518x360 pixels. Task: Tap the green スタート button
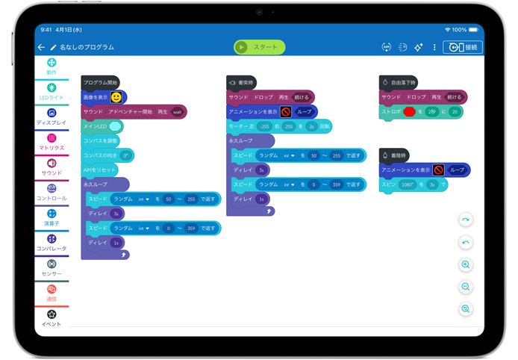click(259, 47)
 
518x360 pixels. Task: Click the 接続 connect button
click(463, 47)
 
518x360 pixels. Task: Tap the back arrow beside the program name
click(41, 47)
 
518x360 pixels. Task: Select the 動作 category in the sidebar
click(52, 66)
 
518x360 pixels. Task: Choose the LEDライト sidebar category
click(52, 91)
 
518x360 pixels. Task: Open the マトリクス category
click(52, 142)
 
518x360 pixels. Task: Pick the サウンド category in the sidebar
click(52, 167)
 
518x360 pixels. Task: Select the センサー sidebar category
click(52, 267)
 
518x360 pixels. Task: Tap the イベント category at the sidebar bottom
click(52, 318)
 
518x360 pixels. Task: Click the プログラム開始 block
click(100, 82)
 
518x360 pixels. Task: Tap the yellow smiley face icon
click(116, 97)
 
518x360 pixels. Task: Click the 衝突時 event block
click(243, 82)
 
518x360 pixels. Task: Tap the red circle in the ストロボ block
click(409, 111)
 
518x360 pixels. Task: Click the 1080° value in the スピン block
click(408, 184)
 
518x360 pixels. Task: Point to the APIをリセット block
click(99, 170)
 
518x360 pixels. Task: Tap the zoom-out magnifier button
click(466, 287)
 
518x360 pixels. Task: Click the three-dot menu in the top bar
click(434, 47)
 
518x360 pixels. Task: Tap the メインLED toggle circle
click(115, 126)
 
